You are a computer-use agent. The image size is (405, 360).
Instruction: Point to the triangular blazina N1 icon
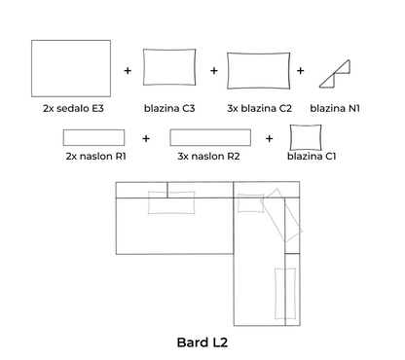(x=335, y=74)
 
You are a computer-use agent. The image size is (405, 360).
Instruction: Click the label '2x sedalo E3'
(x=73, y=108)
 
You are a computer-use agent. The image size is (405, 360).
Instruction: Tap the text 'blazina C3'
(x=169, y=108)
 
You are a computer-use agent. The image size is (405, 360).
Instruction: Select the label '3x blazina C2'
(x=259, y=108)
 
